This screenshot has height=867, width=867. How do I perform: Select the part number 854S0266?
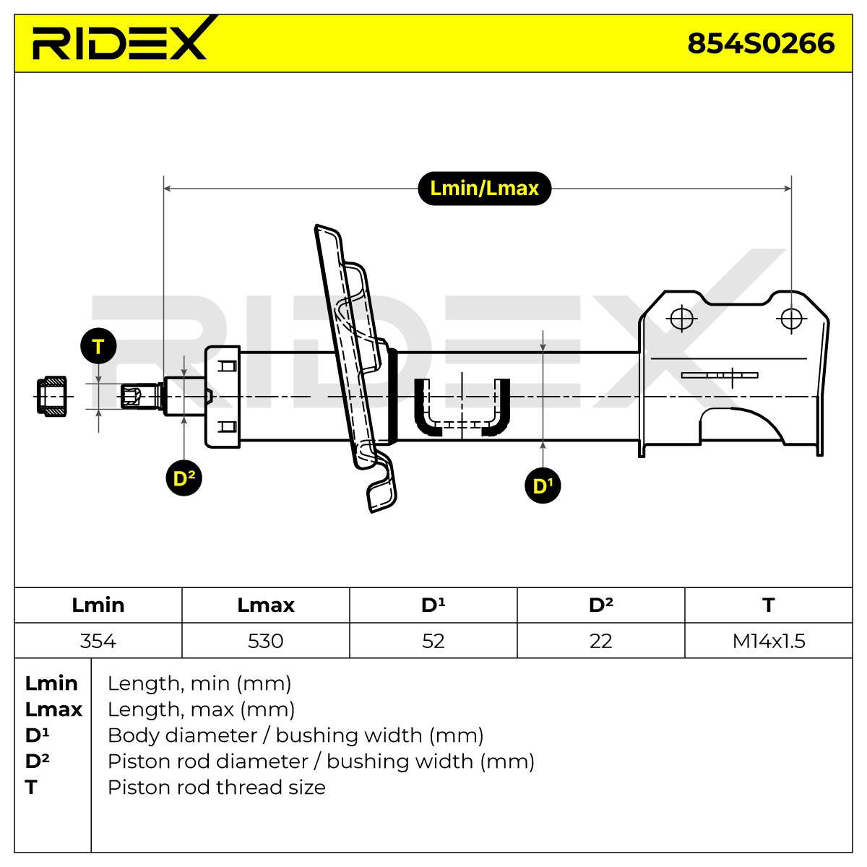761,43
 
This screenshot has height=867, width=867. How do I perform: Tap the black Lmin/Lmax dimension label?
485,189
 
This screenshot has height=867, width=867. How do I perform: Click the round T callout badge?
98,347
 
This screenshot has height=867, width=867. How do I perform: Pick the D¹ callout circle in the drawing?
543,486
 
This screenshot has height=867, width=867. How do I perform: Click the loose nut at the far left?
52,397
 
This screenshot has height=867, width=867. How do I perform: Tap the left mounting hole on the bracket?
681,319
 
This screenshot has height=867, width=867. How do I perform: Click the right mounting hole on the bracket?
791,319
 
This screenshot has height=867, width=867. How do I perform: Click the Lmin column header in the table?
98,605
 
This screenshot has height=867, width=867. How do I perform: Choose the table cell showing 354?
98,641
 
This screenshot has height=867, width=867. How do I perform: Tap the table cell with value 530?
265,641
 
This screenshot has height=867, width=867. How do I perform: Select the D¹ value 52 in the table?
433,641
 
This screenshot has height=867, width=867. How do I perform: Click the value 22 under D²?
600,641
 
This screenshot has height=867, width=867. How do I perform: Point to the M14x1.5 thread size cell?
769,641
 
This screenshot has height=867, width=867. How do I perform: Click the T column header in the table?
769,605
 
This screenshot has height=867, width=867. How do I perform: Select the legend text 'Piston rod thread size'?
217,788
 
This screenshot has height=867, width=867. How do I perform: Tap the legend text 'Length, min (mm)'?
199,683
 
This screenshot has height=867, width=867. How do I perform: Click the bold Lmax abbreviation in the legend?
53,709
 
